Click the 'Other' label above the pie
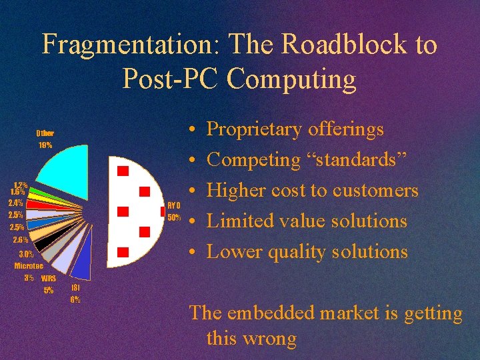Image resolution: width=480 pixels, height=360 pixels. pos(45,133)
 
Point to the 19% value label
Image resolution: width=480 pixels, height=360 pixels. pos(45,145)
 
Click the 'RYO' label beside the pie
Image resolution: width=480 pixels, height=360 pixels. pos(174,206)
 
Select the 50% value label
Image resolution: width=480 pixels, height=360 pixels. pos(174,217)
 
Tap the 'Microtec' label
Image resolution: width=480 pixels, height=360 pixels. pos(29,265)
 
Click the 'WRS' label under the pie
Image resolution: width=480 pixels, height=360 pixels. pos(49,278)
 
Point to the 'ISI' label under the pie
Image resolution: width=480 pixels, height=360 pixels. pos(76,287)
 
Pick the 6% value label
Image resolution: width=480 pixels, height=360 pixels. pos(76,299)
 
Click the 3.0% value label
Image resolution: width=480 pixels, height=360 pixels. pos(26,253)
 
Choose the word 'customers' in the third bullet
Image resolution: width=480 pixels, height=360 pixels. pos(376,190)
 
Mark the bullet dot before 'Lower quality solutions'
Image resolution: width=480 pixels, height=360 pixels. pos(191,252)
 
